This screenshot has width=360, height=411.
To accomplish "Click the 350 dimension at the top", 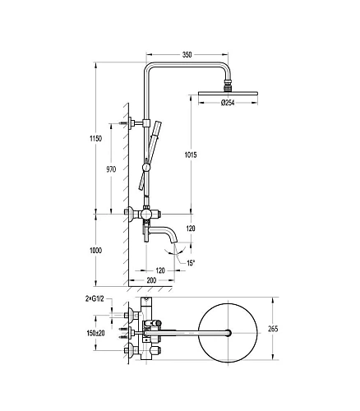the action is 187,55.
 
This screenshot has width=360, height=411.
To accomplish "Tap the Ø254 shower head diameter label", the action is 228,103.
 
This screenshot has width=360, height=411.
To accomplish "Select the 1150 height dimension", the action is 95,139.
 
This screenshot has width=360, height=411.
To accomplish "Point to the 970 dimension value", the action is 111,169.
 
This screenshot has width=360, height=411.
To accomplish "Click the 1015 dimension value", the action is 191,155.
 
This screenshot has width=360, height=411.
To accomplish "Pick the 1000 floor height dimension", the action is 95,250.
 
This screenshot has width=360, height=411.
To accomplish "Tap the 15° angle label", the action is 191,263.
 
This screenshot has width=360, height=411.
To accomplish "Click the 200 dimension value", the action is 151,280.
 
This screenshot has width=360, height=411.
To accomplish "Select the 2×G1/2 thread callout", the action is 95,299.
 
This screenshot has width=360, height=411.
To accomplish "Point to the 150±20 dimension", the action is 95,333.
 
